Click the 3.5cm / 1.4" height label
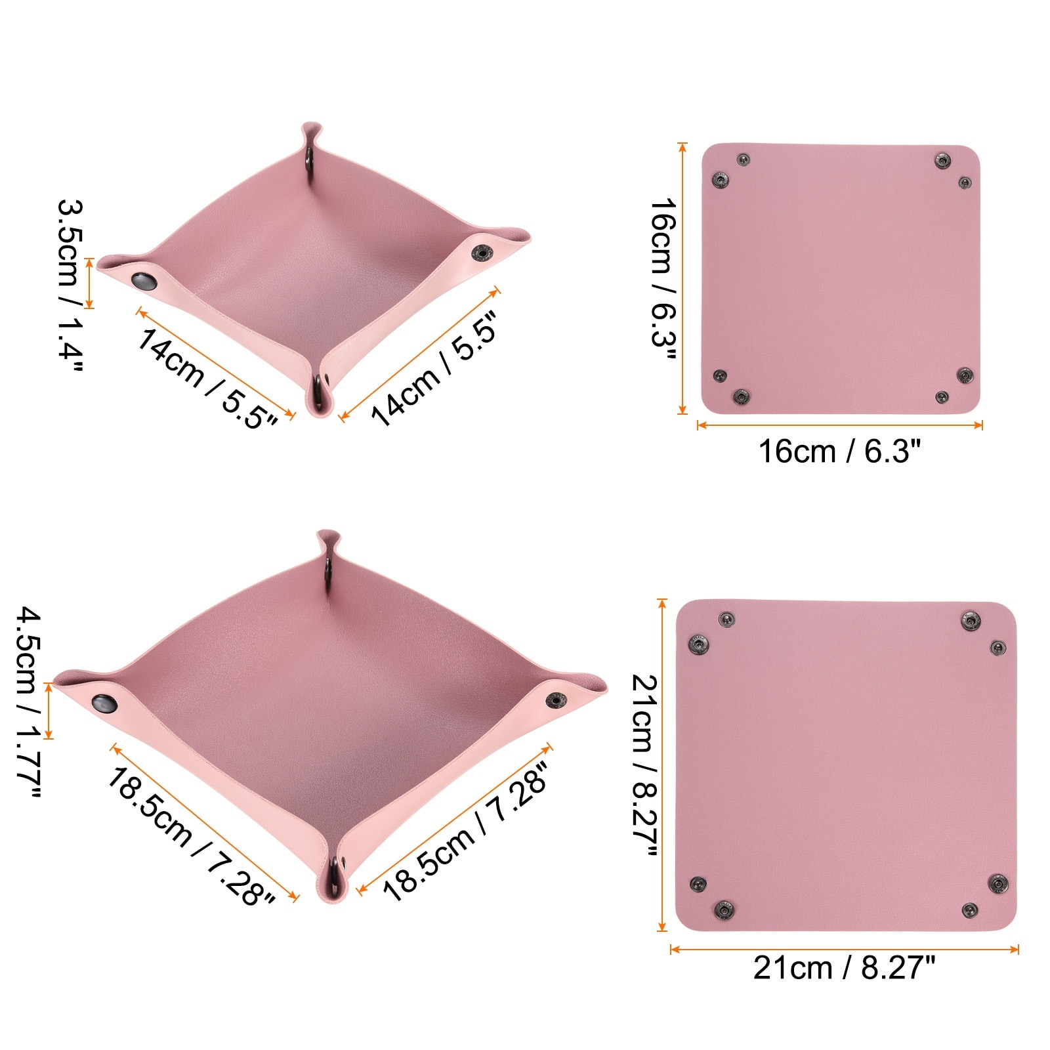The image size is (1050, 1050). coord(70,286)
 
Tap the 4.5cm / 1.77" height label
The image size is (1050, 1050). coord(29,702)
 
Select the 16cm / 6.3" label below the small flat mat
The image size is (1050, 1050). coord(839,451)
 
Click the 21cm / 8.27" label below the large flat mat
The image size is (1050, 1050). coord(843,968)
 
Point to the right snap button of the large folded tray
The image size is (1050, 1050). coord(558,701)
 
